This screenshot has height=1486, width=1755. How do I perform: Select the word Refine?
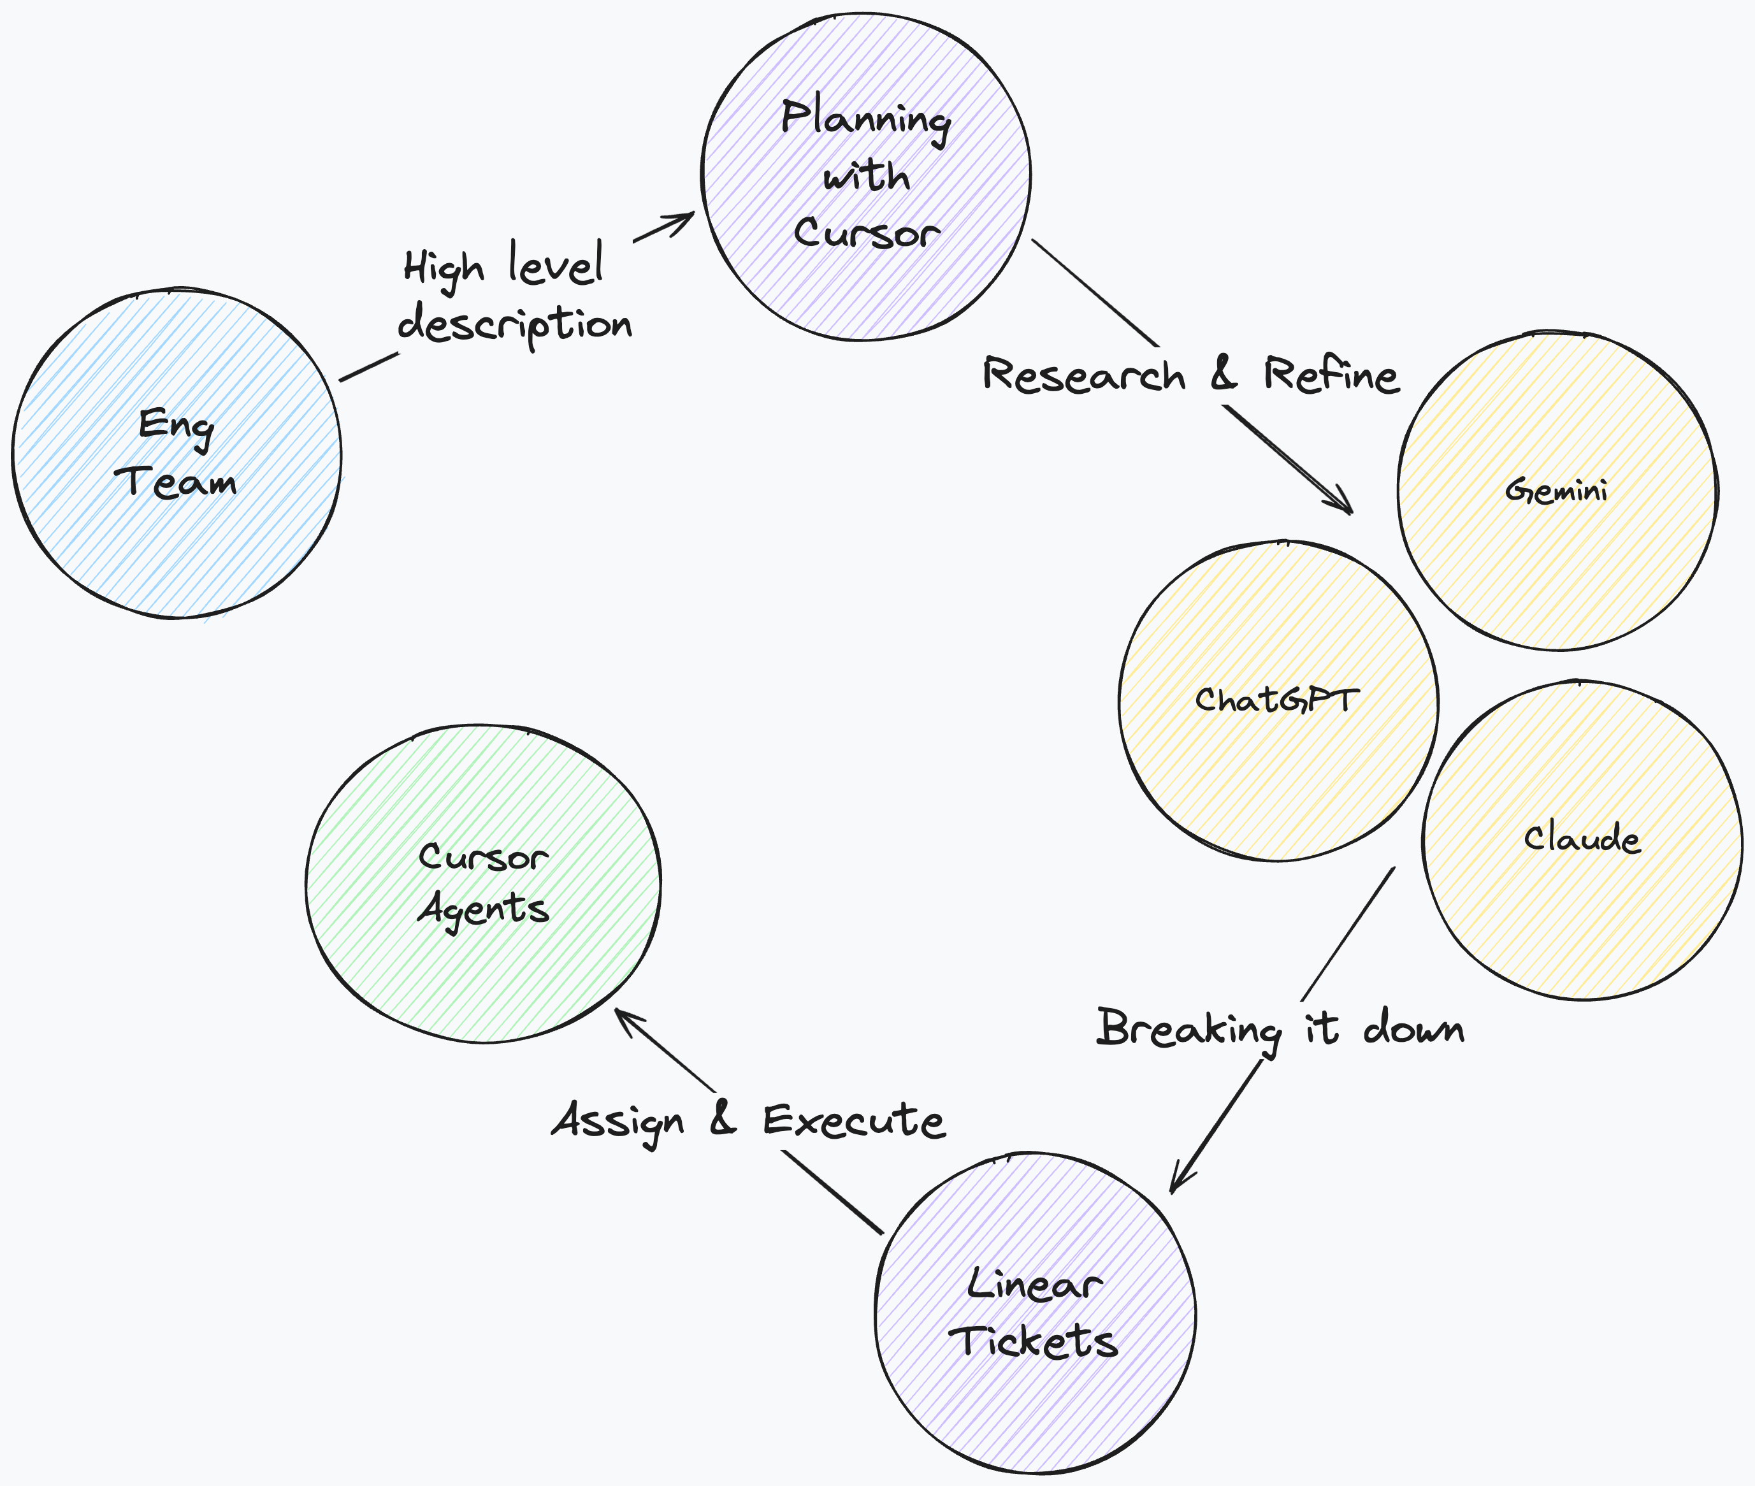[1331, 375]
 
